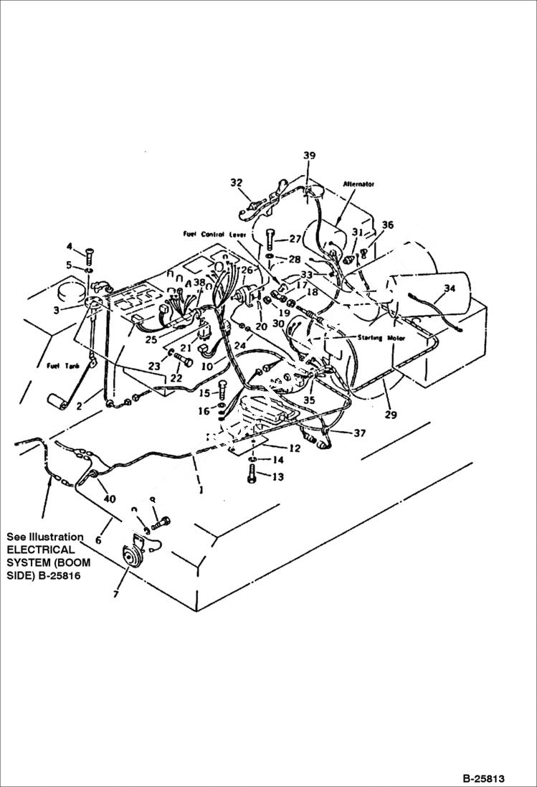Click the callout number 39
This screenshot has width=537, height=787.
(x=309, y=156)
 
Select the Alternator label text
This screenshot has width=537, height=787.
(x=359, y=184)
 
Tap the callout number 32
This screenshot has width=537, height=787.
(x=237, y=182)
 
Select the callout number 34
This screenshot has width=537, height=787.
(x=449, y=288)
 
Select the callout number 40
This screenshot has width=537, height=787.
(x=108, y=499)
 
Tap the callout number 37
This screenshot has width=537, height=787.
(x=358, y=433)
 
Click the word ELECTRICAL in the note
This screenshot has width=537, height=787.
(x=41, y=550)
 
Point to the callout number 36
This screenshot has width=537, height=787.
(x=387, y=225)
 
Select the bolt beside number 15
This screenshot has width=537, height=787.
(x=222, y=392)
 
